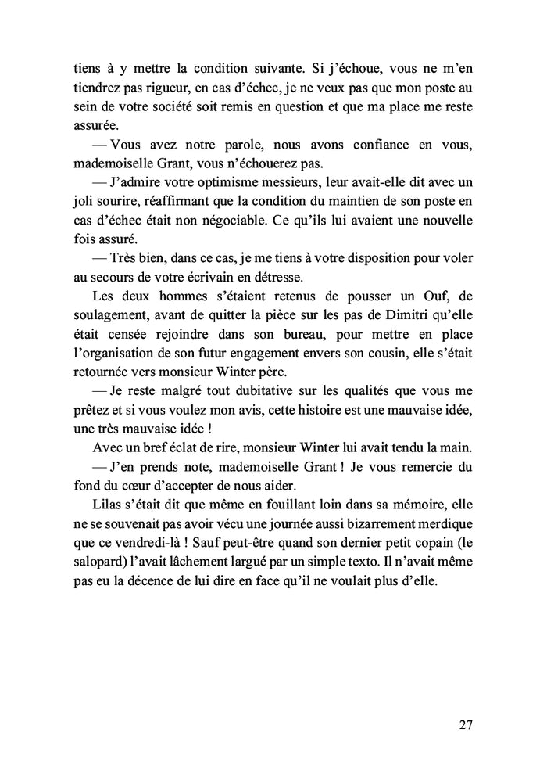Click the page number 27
click(465, 724)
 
